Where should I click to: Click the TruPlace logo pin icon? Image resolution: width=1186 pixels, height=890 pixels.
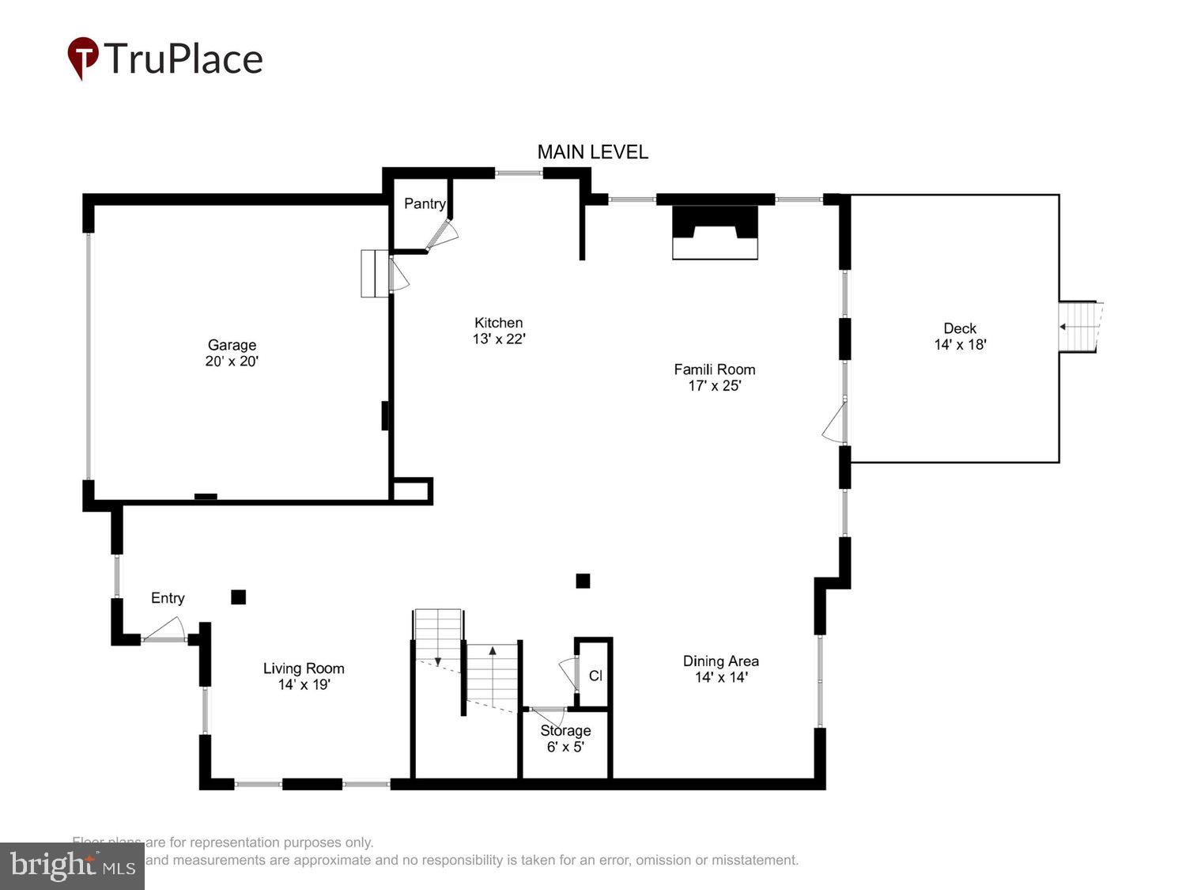click(82, 58)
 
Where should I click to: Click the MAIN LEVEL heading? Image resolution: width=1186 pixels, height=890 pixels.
click(592, 152)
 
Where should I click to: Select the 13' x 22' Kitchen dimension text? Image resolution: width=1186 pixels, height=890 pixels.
click(499, 339)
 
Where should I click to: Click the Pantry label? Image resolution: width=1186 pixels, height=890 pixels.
click(425, 203)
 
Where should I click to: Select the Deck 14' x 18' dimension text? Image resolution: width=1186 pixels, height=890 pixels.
click(960, 344)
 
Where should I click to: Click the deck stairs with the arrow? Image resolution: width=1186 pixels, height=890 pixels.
click(1078, 327)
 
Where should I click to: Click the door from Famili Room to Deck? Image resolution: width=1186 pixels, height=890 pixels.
click(835, 423)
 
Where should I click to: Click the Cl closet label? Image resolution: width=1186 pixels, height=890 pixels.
click(595, 676)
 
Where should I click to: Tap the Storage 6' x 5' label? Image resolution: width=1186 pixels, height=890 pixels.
click(565, 738)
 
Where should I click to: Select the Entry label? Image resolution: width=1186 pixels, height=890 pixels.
click(168, 598)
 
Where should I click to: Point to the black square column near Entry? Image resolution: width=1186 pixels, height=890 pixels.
click(238, 597)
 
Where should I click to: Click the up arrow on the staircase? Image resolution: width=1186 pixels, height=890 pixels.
click(493, 652)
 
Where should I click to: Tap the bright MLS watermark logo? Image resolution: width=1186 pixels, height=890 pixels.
click(72, 865)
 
